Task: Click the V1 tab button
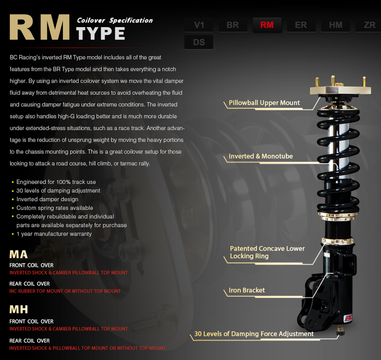click(199, 25)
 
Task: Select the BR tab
click(233, 25)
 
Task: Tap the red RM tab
click(267, 25)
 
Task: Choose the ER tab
click(301, 25)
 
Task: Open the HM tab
click(336, 25)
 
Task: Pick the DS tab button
click(199, 42)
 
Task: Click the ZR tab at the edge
click(368, 25)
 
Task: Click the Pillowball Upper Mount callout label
click(264, 103)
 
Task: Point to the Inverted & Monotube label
click(261, 156)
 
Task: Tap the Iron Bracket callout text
click(247, 290)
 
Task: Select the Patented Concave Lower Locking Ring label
click(267, 252)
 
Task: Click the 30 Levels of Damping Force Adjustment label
click(254, 334)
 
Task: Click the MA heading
click(19, 255)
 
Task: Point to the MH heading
click(19, 310)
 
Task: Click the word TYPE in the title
click(100, 33)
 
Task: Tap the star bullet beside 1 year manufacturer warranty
click(13, 234)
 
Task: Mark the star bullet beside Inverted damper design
click(13, 200)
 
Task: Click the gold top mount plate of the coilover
click(340, 90)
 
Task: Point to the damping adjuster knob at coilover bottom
click(341, 330)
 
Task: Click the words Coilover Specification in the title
click(115, 20)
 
